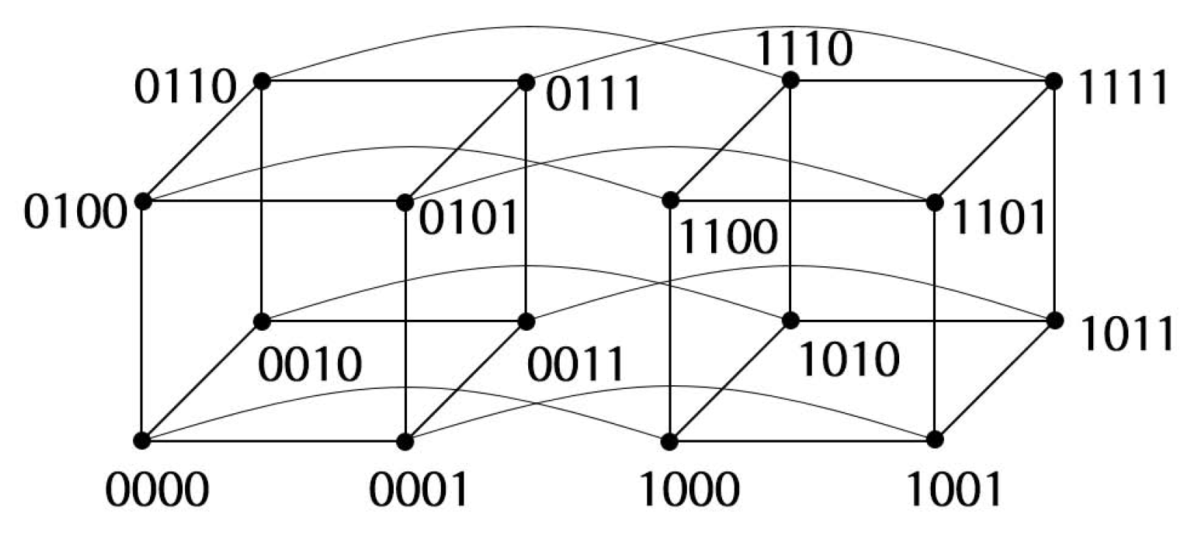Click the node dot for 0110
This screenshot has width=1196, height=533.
261,80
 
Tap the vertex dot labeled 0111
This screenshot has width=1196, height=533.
526,82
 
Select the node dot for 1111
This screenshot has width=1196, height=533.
1054,80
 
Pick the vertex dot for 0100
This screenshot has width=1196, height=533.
143,201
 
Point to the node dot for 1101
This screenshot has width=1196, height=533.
934,201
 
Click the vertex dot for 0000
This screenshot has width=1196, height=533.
143,441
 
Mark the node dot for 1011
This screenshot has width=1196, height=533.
1055,321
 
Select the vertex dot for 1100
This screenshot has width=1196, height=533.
669,199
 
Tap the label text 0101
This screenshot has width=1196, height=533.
469,218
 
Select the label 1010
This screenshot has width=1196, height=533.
848,359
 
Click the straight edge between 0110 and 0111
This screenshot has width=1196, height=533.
393,81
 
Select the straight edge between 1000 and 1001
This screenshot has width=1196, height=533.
801,441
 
